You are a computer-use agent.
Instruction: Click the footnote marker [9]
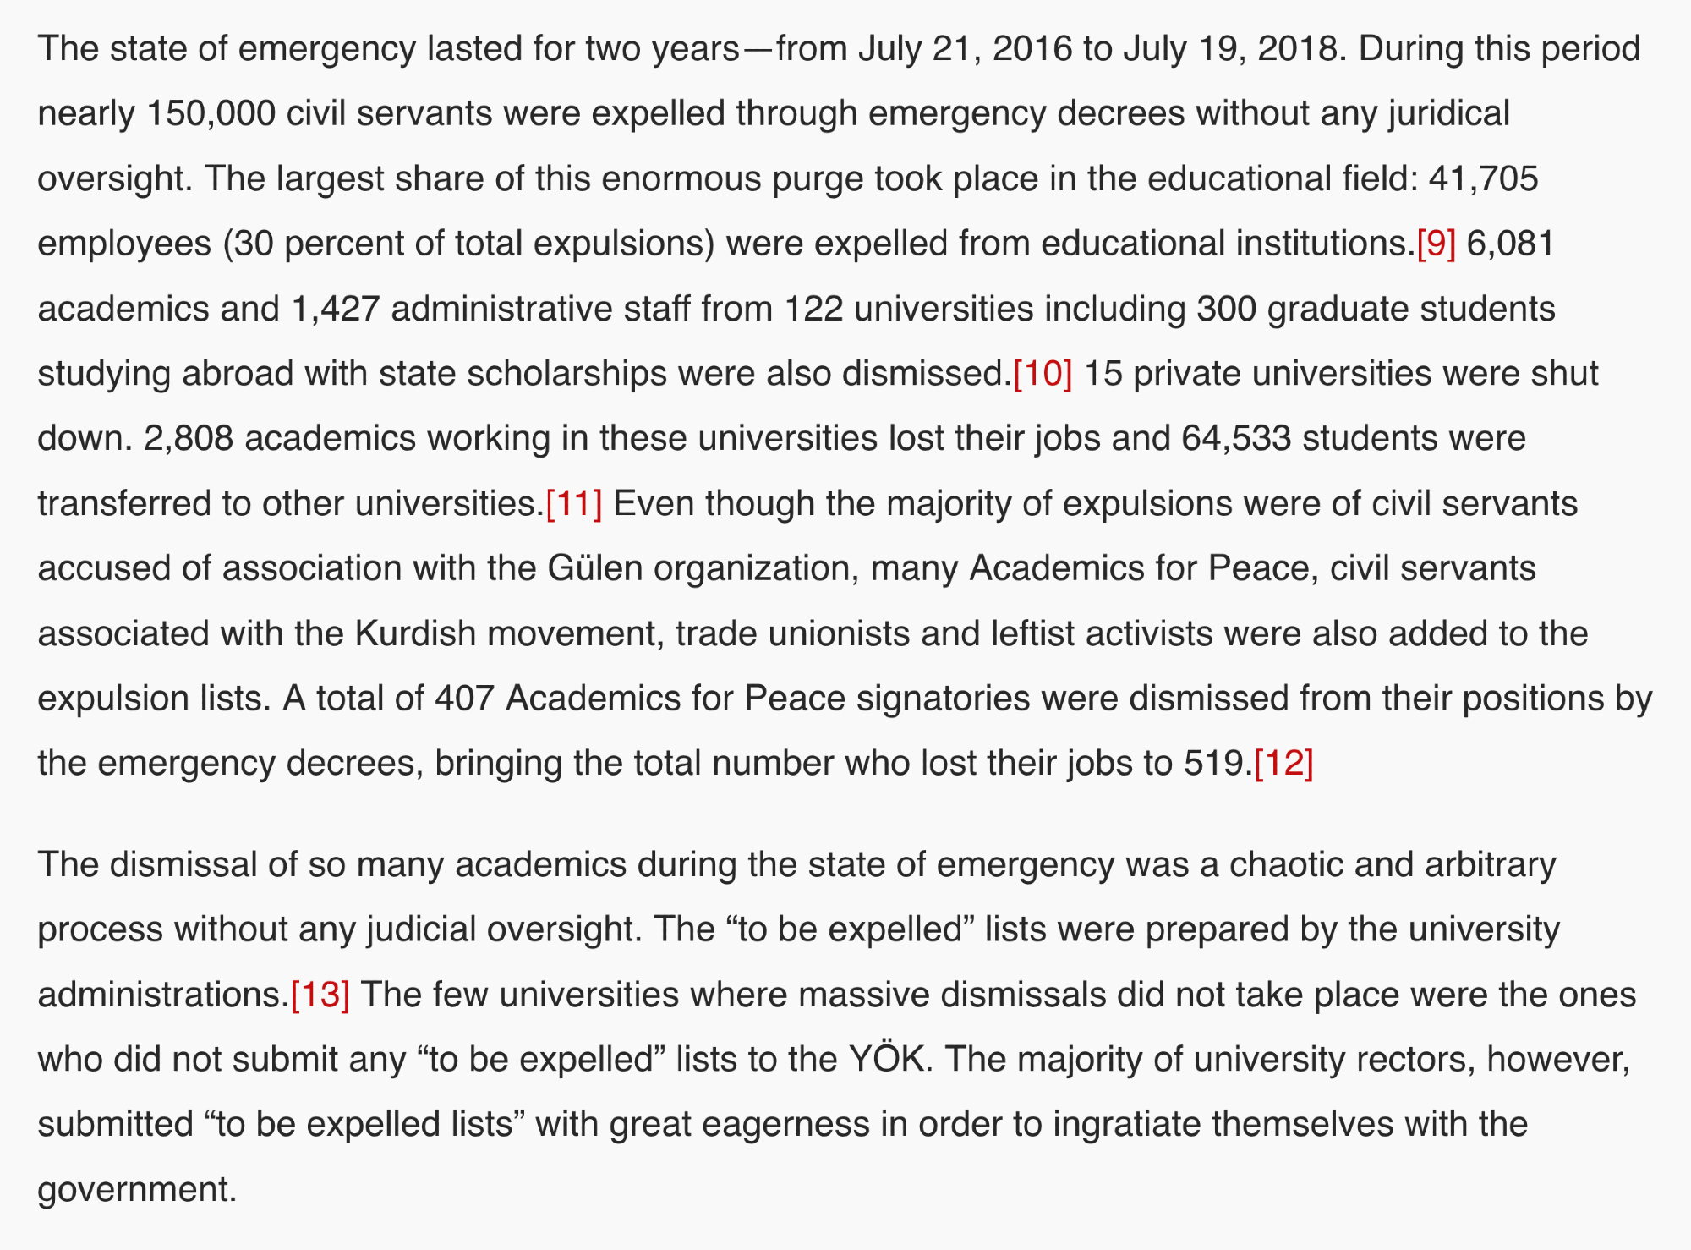pyautogui.click(x=1436, y=244)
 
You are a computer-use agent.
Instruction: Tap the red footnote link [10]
pyautogui.click(x=1042, y=373)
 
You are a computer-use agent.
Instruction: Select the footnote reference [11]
pyautogui.click(x=574, y=503)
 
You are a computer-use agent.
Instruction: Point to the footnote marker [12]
pyautogui.click(x=1283, y=763)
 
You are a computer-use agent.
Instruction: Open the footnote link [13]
pyautogui.click(x=320, y=994)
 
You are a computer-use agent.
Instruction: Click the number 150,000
pyautogui.click(x=211, y=113)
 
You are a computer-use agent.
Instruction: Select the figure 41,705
pyautogui.click(x=1483, y=178)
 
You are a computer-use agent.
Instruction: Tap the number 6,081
pyautogui.click(x=1510, y=244)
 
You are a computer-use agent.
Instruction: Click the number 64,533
pyautogui.click(x=1236, y=438)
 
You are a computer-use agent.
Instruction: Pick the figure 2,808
pyautogui.click(x=189, y=438)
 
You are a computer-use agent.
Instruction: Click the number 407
pyautogui.click(x=464, y=699)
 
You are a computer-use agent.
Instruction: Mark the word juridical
pyautogui.click(x=1448, y=113)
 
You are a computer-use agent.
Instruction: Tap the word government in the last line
pyautogui.click(x=135, y=1189)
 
